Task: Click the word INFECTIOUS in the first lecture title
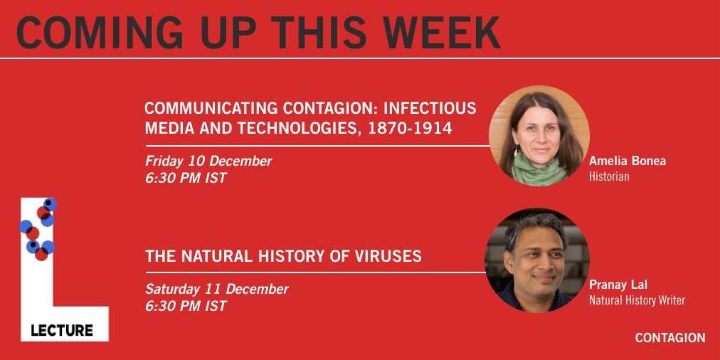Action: (x=430, y=110)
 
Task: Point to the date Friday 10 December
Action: (x=208, y=161)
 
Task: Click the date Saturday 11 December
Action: (x=217, y=289)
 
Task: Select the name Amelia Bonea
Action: (x=628, y=161)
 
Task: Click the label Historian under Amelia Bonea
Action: (x=609, y=176)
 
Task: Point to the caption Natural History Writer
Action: (x=637, y=300)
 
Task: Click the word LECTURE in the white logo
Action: (x=62, y=330)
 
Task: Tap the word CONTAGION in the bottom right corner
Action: (x=670, y=338)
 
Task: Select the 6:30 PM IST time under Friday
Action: (x=186, y=178)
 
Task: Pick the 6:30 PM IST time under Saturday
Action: (x=186, y=306)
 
